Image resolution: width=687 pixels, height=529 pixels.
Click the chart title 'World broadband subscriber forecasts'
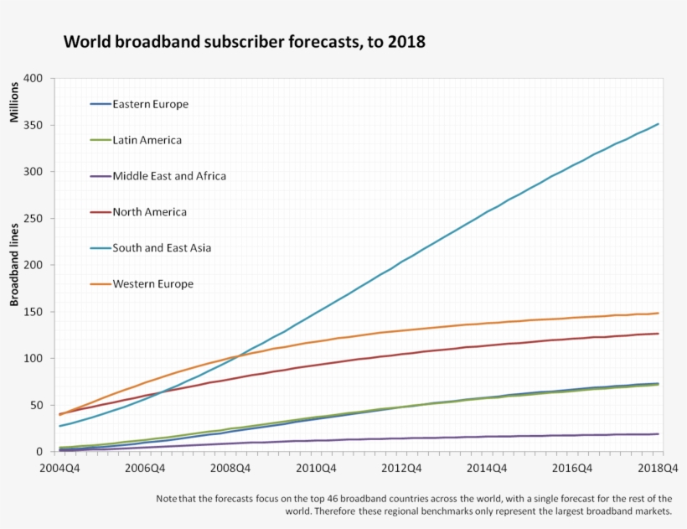(x=245, y=41)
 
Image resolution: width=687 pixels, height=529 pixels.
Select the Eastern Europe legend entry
(x=150, y=105)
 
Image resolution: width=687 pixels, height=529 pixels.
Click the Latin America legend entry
(x=147, y=141)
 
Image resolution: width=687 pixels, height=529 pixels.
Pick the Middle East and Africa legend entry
(x=169, y=176)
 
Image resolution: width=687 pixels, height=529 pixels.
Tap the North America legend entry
(x=149, y=212)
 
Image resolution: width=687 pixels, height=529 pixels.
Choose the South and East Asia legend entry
(x=162, y=248)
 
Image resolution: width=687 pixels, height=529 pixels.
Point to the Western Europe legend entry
(x=152, y=284)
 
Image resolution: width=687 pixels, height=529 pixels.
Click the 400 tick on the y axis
(x=33, y=79)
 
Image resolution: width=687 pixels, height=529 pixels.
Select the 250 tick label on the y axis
(x=33, y=219)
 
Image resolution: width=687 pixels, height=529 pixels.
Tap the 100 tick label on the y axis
(x=33, y=359)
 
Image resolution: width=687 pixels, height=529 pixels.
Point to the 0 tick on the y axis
(x=39, y=452)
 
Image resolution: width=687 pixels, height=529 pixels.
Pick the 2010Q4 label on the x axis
(x=316, y=468)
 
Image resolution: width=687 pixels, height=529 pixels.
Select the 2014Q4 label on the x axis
(x=488, y=468)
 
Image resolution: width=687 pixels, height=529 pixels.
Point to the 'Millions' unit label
(x=14, y=101)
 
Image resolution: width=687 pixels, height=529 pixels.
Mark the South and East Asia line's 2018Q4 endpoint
(x=659, y=124)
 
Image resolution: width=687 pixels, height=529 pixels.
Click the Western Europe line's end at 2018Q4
(x=659, y=314)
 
